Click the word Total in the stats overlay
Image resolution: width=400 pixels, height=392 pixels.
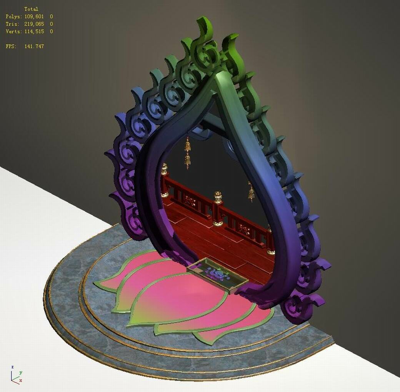(31, 9)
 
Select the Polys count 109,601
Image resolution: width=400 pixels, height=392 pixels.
(34, 17)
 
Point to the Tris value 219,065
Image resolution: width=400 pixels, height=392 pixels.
(34, 24)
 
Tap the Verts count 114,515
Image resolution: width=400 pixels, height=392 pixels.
(34, 32)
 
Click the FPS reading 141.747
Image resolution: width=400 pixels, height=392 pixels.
(34, 47)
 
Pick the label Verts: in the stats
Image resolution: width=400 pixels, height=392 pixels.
(13, 32)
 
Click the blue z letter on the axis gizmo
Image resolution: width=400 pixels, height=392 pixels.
(12, 367)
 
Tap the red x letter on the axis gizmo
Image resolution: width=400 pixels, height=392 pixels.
(20, 380)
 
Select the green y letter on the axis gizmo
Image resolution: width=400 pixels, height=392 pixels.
(20, 373)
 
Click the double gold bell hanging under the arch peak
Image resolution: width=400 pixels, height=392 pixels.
(188, 152)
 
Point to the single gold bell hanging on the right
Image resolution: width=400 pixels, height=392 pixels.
(251, 193)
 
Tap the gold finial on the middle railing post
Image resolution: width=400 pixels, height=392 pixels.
(218, 197)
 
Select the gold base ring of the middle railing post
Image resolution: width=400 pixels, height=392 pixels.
(218, 223)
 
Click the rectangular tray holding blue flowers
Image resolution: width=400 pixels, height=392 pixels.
(217, 275)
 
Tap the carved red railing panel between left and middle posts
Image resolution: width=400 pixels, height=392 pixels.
(190, 200)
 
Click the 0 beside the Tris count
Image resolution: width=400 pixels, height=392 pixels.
(51, 24)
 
